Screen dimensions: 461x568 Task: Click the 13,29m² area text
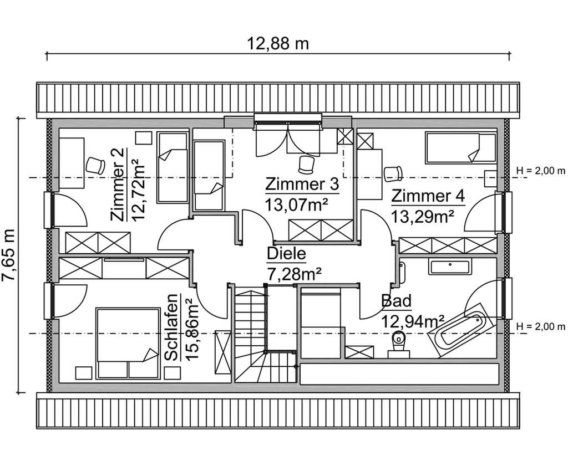tap(423, 215)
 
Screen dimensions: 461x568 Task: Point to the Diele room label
tap(286, 254)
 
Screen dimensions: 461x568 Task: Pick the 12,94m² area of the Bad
tap(413, 320)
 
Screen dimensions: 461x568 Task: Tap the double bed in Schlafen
tap(125, 344)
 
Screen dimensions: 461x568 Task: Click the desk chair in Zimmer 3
tap(305, 163)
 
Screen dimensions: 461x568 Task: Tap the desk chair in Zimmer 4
tap(394, 171)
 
